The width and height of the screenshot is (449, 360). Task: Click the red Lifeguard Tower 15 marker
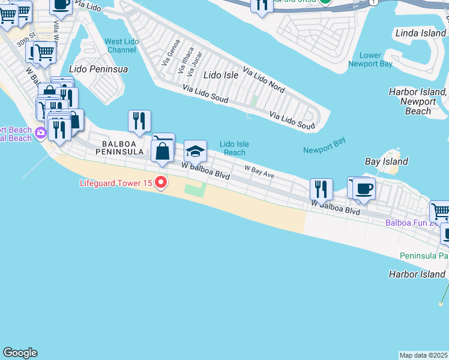(161, 182)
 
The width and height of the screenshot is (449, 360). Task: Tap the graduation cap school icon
(195, 150)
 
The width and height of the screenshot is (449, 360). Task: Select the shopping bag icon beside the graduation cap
(163, 150)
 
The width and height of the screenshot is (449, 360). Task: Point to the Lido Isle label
(221, 75)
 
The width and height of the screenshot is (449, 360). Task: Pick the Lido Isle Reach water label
(234, 148)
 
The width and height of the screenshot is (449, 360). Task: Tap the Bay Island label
(387, 161)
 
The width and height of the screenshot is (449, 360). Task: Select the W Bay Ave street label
(259, 172)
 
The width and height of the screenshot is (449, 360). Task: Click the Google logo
(20, 353)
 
